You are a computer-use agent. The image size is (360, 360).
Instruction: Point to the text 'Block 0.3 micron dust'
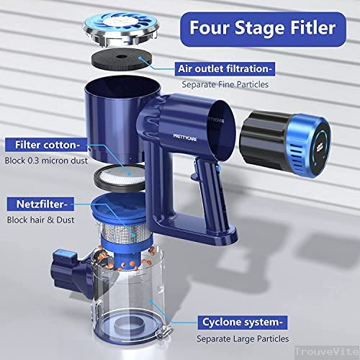click(x=55, y=160)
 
